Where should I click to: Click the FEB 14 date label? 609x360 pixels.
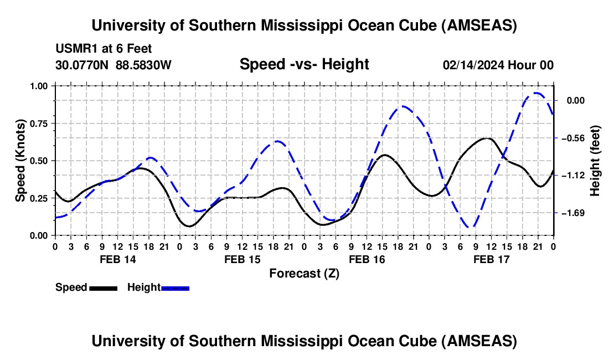117,259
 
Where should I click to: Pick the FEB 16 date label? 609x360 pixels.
367,259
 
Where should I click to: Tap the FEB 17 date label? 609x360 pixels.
492,259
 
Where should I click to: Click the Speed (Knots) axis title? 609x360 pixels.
20,161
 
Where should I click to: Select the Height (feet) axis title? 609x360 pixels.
595,161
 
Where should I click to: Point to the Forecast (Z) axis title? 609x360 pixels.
304,273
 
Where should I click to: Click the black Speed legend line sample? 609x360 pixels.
103,288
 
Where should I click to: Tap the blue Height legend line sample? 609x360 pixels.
176,288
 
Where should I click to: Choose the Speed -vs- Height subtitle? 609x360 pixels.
304,64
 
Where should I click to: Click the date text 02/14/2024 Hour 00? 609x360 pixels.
498,65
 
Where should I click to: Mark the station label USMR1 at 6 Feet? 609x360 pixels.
104,49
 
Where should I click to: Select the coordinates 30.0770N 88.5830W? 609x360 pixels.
113,65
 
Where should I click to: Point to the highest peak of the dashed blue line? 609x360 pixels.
536,93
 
